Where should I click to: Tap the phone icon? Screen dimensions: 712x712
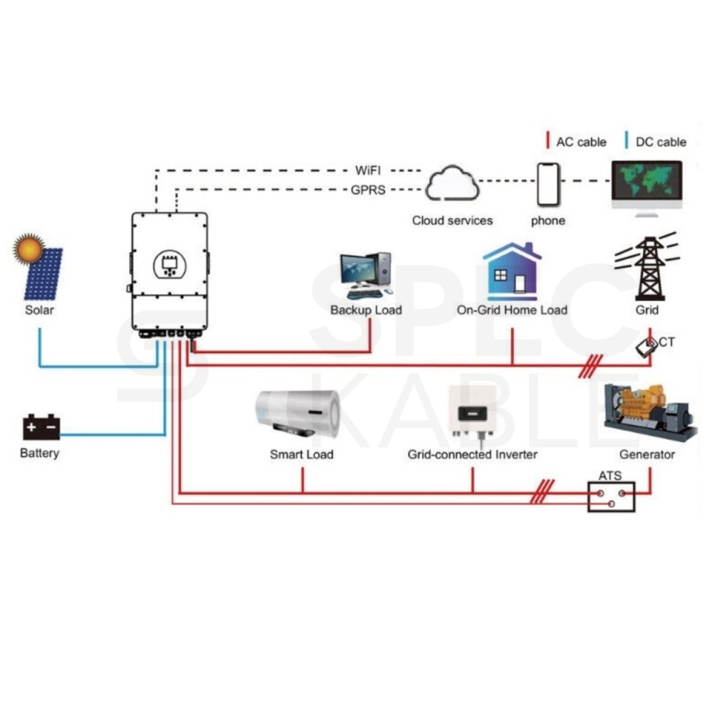click(548, 185)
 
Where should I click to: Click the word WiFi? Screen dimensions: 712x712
click(368, 170)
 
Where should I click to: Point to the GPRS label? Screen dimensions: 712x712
click(368, 190)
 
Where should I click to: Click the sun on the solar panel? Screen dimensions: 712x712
click(29, 248)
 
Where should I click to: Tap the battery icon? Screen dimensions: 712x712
click(41, 426)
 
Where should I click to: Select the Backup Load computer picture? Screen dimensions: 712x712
click(366, 276)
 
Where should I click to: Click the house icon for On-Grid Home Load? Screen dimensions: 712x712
click(512, 271)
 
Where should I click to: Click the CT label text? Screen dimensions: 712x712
click(666, 342)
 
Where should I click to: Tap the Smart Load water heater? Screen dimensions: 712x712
click(298, 413)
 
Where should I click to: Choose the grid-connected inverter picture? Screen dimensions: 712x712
click(473, 412)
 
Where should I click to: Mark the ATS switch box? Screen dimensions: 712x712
click(611, 497)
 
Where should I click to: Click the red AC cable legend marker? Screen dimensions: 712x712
click(548, 140)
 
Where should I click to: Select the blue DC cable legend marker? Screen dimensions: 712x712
click(627, 140)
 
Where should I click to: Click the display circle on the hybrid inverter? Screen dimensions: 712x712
click(170, 264)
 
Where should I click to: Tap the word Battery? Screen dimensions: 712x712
click(39, 453)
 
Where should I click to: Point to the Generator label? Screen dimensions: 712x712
click(647, 454)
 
